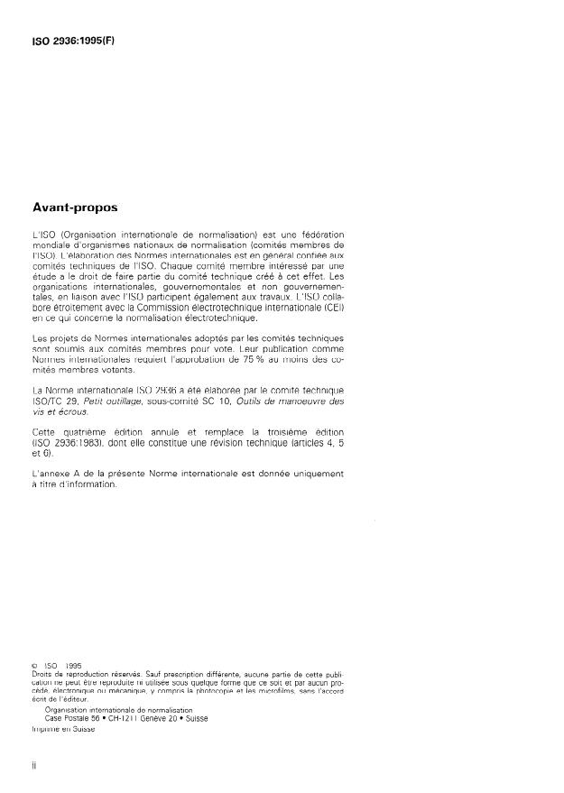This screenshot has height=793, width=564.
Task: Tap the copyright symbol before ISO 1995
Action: tap(33, 667)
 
